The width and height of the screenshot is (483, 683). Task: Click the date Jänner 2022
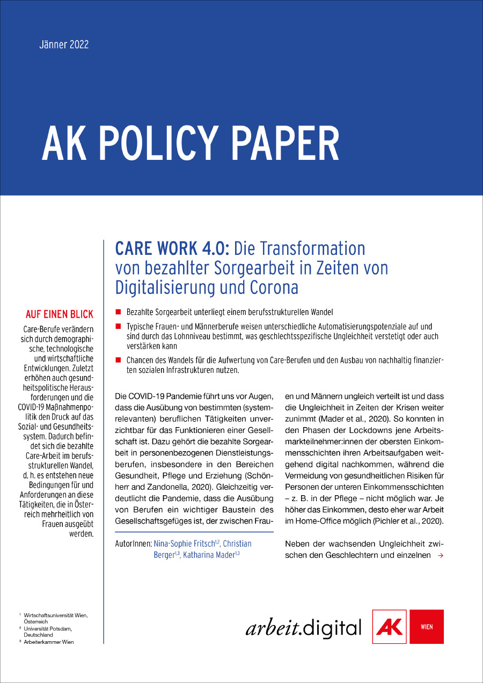(64, 45)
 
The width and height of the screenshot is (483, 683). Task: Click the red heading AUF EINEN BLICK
(59, 314)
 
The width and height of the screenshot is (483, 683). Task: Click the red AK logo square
(390, 626)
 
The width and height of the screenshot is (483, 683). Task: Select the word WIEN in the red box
(427, 627)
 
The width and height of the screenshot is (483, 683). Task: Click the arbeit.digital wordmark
(303, 627)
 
